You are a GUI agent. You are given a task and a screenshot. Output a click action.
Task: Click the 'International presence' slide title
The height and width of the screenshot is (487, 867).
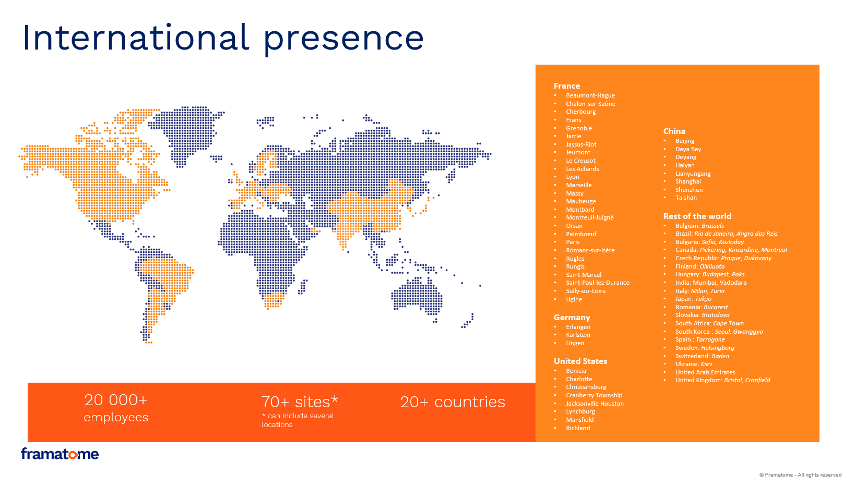223,38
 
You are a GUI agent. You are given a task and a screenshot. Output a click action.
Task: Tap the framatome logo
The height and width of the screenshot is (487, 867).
60,454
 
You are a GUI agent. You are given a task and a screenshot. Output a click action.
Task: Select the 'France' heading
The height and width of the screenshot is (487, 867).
567,86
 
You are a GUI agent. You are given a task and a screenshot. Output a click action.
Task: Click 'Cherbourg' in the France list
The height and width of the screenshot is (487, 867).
580,112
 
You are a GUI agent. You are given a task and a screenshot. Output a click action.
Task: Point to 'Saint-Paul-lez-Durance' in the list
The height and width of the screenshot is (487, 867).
598,283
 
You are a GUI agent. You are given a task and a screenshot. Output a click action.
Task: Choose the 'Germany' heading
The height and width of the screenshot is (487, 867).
572,318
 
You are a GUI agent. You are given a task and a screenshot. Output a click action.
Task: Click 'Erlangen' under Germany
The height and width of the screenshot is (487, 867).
578,327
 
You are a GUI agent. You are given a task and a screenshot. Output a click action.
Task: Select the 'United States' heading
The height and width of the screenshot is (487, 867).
580,361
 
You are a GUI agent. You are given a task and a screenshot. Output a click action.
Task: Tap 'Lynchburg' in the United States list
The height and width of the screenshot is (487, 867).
580,411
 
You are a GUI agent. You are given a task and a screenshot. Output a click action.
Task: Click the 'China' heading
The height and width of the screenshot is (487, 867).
674,131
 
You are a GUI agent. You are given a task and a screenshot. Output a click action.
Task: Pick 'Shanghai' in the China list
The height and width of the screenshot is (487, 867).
688,181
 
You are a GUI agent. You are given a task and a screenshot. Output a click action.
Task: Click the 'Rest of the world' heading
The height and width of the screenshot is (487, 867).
697,216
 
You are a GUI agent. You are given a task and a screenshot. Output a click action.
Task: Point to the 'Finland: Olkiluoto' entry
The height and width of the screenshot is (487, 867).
700,266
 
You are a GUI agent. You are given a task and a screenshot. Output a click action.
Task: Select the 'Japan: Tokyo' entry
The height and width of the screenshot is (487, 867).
693,299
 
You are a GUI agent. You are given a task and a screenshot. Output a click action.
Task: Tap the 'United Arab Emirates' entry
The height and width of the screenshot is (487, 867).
705,372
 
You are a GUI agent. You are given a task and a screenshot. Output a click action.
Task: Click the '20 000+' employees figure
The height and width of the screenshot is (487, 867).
116,400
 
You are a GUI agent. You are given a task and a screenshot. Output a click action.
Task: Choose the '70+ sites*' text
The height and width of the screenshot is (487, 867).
300,402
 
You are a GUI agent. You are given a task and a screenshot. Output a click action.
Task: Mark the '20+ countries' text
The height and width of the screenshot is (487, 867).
453,402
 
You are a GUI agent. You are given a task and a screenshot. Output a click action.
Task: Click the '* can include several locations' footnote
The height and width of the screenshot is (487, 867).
298,420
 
